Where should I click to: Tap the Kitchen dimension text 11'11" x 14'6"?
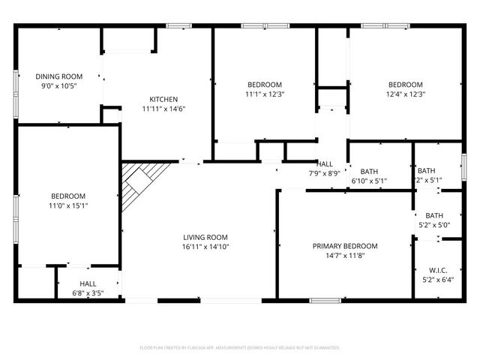(x=163, y=109)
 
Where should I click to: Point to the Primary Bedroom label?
(x=345, y=246)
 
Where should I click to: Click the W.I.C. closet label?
(x=439, y=270)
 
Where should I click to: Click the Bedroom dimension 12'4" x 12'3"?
(x=405, y=94)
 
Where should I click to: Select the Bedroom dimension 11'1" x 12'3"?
(x=264, y=94)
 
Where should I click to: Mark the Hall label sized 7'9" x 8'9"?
(x=325, y=164)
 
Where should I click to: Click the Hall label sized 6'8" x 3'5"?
(x=88, y=283)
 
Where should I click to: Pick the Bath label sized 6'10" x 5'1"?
(x=368, y=171)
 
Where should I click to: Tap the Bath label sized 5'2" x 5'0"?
(x=434, y=216)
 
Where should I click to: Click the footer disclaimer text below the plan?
(x=240, y=348)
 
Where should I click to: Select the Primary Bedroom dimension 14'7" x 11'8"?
(x=345, y=256)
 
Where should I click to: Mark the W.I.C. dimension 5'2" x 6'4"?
(x=439, y=280)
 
